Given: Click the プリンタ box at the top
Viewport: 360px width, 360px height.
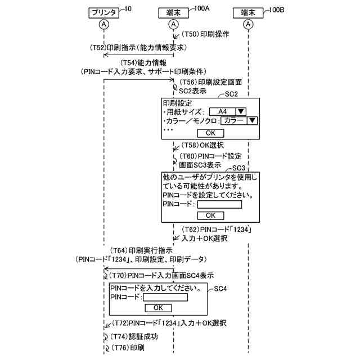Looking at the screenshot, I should [x=104, y=11].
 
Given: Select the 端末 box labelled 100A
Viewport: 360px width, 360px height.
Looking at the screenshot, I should [x=173, y=11].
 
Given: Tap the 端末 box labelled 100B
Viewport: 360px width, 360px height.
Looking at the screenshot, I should [x=248, y=11].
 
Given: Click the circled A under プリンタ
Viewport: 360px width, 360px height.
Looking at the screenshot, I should [x=104, y=24].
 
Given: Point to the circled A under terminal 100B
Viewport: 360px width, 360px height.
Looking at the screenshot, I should [x=248, y=24].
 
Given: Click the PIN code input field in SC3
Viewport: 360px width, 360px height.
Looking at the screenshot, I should [x=219, y=205].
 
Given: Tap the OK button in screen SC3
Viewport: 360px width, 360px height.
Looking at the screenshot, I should [x=210, y=215].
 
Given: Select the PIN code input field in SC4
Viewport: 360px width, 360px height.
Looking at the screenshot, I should [x=165, y=297].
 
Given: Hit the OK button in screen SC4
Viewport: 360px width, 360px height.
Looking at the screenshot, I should [x=158, y=308].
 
